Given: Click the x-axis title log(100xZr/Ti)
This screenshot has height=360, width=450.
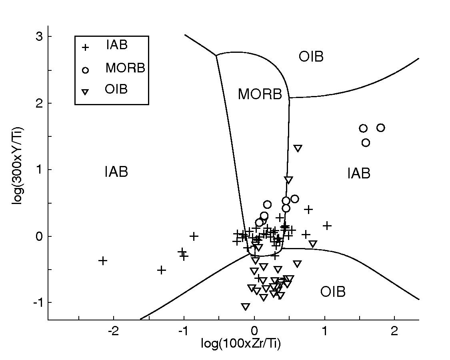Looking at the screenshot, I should click(241, 343).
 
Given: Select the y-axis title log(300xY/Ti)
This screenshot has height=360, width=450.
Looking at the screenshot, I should click(18, 166).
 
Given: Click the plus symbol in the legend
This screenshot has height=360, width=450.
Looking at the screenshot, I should click(85, 47).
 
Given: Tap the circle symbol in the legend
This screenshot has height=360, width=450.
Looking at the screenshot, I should click(85, 70).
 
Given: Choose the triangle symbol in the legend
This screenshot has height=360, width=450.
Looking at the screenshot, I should click(85, 92).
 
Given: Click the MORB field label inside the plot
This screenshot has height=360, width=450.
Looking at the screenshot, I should click(260, 94).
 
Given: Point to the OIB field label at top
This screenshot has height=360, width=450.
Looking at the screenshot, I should click(311, 57).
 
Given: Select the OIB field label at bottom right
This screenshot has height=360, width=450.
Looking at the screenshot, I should click(333, 292).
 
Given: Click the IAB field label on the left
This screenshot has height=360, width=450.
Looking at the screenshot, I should click(116, 172).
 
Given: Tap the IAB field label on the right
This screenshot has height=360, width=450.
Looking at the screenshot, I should click(359, 174).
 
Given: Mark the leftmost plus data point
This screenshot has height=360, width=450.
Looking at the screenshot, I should click(103, 261).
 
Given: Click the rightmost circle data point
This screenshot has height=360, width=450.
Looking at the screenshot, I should click(380, 128).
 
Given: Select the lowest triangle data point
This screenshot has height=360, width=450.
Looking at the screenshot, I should click(246, 307).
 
